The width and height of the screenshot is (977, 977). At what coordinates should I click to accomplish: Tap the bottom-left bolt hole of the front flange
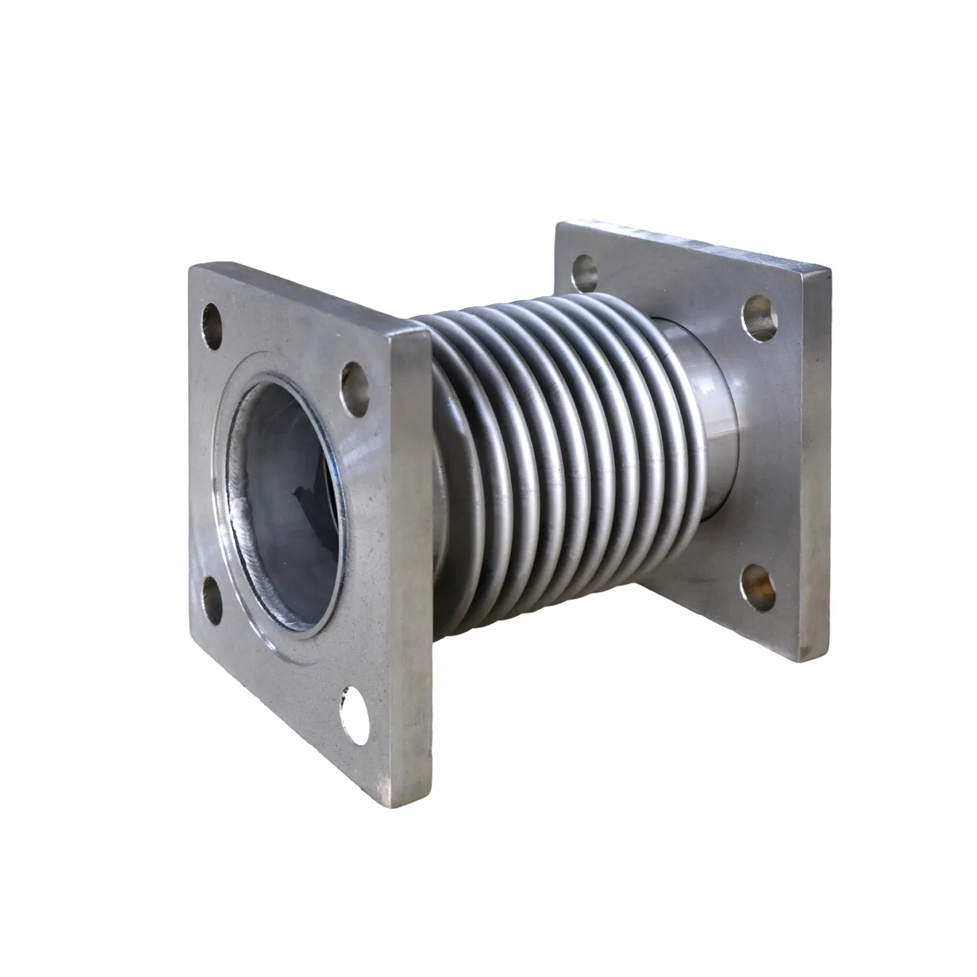pos(213,592)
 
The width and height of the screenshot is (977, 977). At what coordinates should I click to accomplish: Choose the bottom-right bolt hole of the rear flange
pos(759,582)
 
